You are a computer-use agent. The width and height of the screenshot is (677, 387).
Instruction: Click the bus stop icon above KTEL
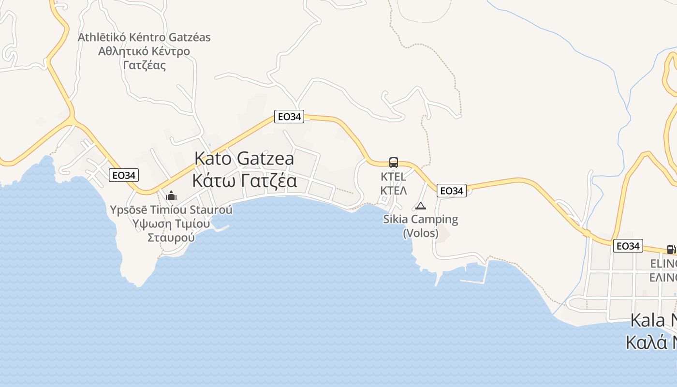pyautogui.click(x=394, y=163)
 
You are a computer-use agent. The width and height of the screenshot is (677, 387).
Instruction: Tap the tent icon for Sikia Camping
pyautogui.click(x=421, y=206)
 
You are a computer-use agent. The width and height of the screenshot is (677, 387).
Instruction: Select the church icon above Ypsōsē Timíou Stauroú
pyautogui.click(x=171, y=196)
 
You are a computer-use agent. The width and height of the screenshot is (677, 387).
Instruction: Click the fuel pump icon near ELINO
pyautogui.click(x=671, y=250)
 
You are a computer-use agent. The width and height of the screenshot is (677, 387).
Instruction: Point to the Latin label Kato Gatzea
pyautogui.click(x=244, y=159)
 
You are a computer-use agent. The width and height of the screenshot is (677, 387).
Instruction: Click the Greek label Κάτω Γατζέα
pyautogui.click(x=244, y=181)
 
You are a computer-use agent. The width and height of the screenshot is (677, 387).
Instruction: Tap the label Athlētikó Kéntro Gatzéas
pyautogui.click(x=144, y=37)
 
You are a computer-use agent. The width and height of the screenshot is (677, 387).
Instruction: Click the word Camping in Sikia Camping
pyautogui.click(x=434, y=219)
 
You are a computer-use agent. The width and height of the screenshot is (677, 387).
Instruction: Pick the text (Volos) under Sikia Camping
pyautogui.click(x=421, y=233)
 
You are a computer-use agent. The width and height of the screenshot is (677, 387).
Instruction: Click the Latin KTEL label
pyautogui.click(x=394, y=176)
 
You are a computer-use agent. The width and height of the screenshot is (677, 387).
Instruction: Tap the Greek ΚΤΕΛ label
pyautogui.click(x=394, y=190)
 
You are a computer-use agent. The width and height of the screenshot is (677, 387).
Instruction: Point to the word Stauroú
pyautogui.click(x=210, y=210)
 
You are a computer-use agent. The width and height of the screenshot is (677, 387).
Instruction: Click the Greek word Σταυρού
pyautogui.click(x=171, y=238)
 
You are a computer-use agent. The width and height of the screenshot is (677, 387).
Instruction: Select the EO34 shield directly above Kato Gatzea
pyautogui.click(x=289, y=117)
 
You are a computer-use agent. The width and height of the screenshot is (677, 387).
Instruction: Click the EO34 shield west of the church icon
pyautogui.click(x=124, y=175)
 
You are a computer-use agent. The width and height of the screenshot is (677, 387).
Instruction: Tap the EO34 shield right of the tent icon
pyautogui.click(x=452, y=191)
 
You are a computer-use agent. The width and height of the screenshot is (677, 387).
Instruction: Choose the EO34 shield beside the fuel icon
pyautogui.click(x=628, y=246)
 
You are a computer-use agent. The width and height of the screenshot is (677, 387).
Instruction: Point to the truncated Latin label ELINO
pyautogui.click(x=663, y=264)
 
